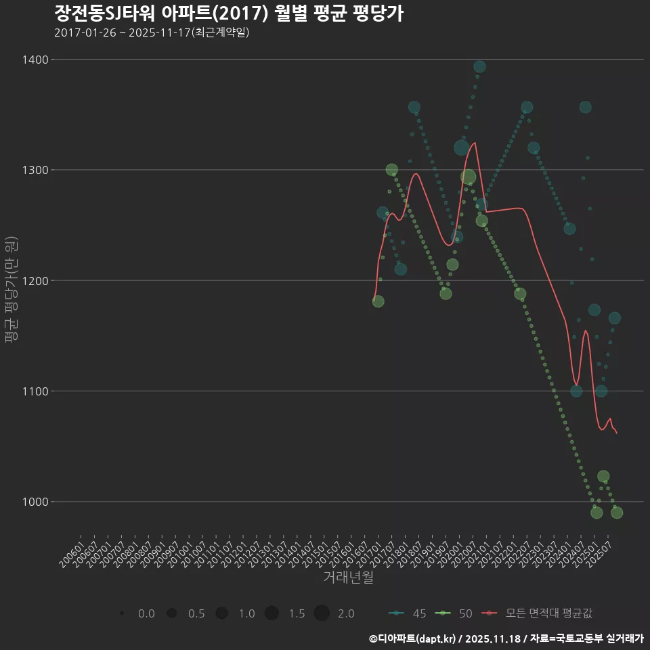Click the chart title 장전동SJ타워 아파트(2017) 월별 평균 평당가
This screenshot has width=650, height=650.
[228, 13]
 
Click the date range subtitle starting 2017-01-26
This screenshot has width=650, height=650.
[152, 32]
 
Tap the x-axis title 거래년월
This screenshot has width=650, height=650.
[348, 577]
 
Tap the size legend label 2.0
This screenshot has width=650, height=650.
[346, 613]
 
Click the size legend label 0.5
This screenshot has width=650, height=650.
[196, 613]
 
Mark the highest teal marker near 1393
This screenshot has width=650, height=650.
[479, 66]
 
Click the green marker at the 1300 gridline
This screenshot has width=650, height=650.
[391, 170]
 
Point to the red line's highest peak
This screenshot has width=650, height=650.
[475, 143]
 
